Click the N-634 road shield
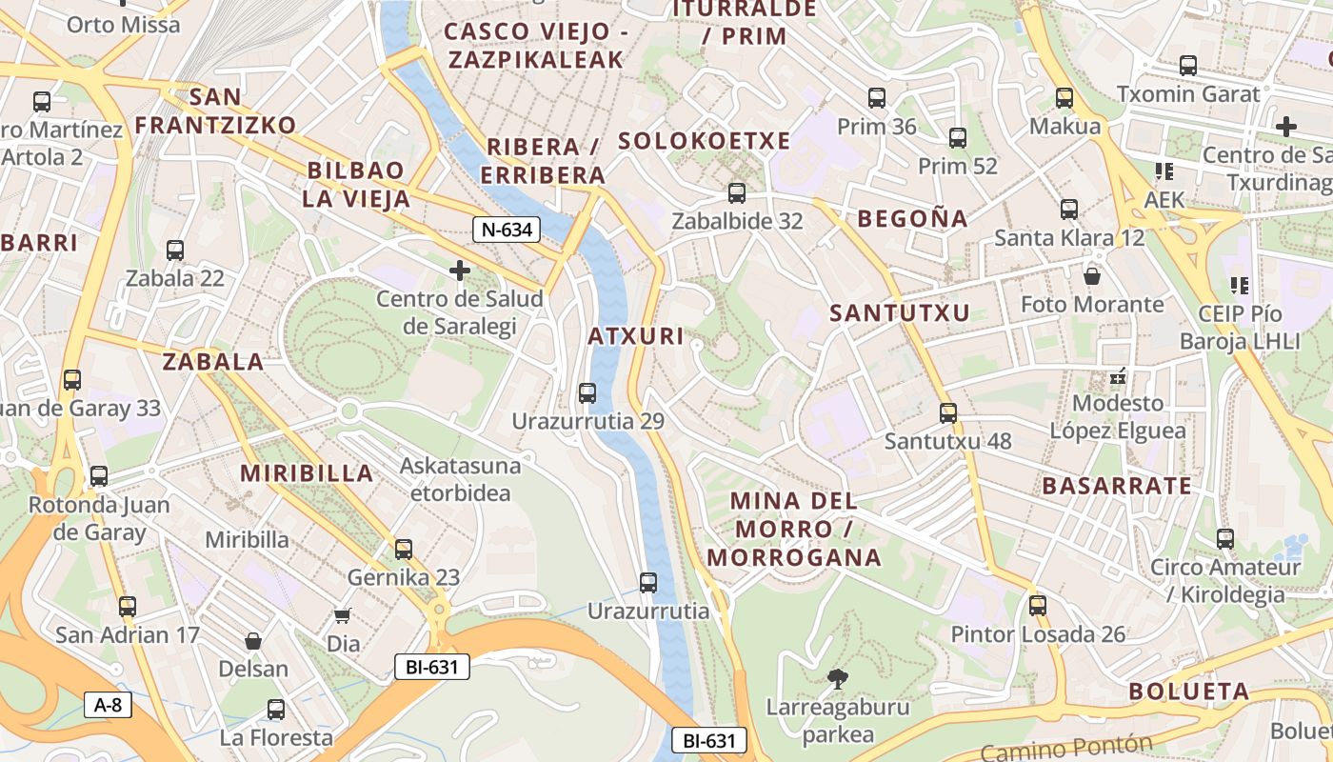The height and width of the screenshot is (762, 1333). (507, 229)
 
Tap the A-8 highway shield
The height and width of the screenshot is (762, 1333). (108, 705)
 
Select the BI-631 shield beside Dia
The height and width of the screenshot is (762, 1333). (432, 667)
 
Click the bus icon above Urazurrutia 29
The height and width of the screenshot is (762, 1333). (587, 392)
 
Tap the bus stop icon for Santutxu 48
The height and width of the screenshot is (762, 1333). (948, 413)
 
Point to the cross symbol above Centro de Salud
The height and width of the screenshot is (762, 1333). (460, 271)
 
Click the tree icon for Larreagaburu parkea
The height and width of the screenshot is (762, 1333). (838, 679)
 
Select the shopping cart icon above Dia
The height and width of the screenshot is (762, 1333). (343, 616)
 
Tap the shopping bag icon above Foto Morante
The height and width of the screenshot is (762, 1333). (1092, 276)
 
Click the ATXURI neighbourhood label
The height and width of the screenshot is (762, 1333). (636, 336)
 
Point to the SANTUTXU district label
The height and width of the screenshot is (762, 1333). (900, 313)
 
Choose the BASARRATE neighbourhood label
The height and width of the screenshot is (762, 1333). (1117, 486)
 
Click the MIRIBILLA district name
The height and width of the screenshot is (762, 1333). (307, 473)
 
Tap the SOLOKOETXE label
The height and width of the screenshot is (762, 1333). (705, 142)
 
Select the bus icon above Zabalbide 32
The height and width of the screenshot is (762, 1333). (737, 193)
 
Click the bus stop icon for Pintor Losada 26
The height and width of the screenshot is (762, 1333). (1038, 606)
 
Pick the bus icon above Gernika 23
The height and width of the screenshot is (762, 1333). (404, 550)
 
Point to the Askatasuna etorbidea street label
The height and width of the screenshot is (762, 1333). (461, 479)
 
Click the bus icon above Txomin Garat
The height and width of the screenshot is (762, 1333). (1188, 66)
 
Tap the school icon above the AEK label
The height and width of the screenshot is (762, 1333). (1164, 171)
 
